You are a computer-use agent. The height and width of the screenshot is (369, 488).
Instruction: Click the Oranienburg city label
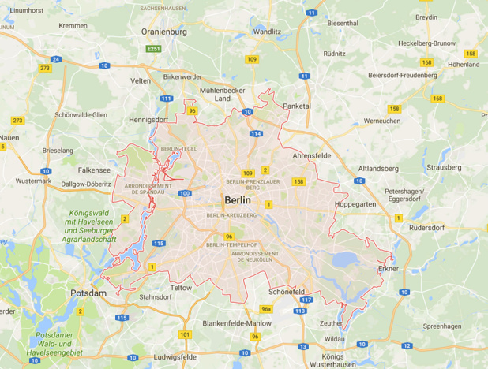[x=163, y=32]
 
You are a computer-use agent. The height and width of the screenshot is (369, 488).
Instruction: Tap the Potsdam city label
[x=88, y=293]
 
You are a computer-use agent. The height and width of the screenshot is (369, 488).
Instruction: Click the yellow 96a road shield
[x=266, y=309]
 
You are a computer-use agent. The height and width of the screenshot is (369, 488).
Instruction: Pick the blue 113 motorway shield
[x=299, y=311]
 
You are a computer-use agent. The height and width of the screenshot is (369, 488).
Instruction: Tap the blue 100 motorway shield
[x=184, y=193]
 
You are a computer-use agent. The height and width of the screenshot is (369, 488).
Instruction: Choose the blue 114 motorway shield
[x=256, y=134]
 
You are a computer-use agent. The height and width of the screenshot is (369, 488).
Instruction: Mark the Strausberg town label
[x=444, y=167]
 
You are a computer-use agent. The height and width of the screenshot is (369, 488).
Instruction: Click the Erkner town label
[x=388, y=268]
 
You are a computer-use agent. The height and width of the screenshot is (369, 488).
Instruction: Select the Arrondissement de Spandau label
[x=143, y=188]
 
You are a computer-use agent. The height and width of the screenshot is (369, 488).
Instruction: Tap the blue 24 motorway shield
[x=55, y=59]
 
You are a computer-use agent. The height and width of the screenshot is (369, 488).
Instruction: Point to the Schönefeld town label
[x=287, y=291]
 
